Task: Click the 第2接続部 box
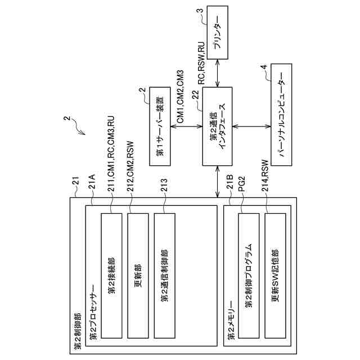[111, 276]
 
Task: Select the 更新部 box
[138, 276]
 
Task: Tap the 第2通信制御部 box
[165, 276]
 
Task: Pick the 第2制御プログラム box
[249, 276]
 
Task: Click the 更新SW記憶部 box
[275, 276]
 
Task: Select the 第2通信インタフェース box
[217, 126]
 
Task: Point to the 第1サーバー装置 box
[160, 126]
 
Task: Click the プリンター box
[218, 33]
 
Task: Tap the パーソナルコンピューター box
[281, 115]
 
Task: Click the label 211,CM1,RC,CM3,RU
[111, 154]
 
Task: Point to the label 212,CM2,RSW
[130, 166]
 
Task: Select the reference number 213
[164, 186]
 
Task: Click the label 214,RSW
[265, 175]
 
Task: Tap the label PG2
[242, 184]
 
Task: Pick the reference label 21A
[92, 182]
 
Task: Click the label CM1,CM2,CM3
[180, 96]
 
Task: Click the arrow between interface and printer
[218, 73]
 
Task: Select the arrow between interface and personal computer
[251, 126]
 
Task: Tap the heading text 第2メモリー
[231, 321]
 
